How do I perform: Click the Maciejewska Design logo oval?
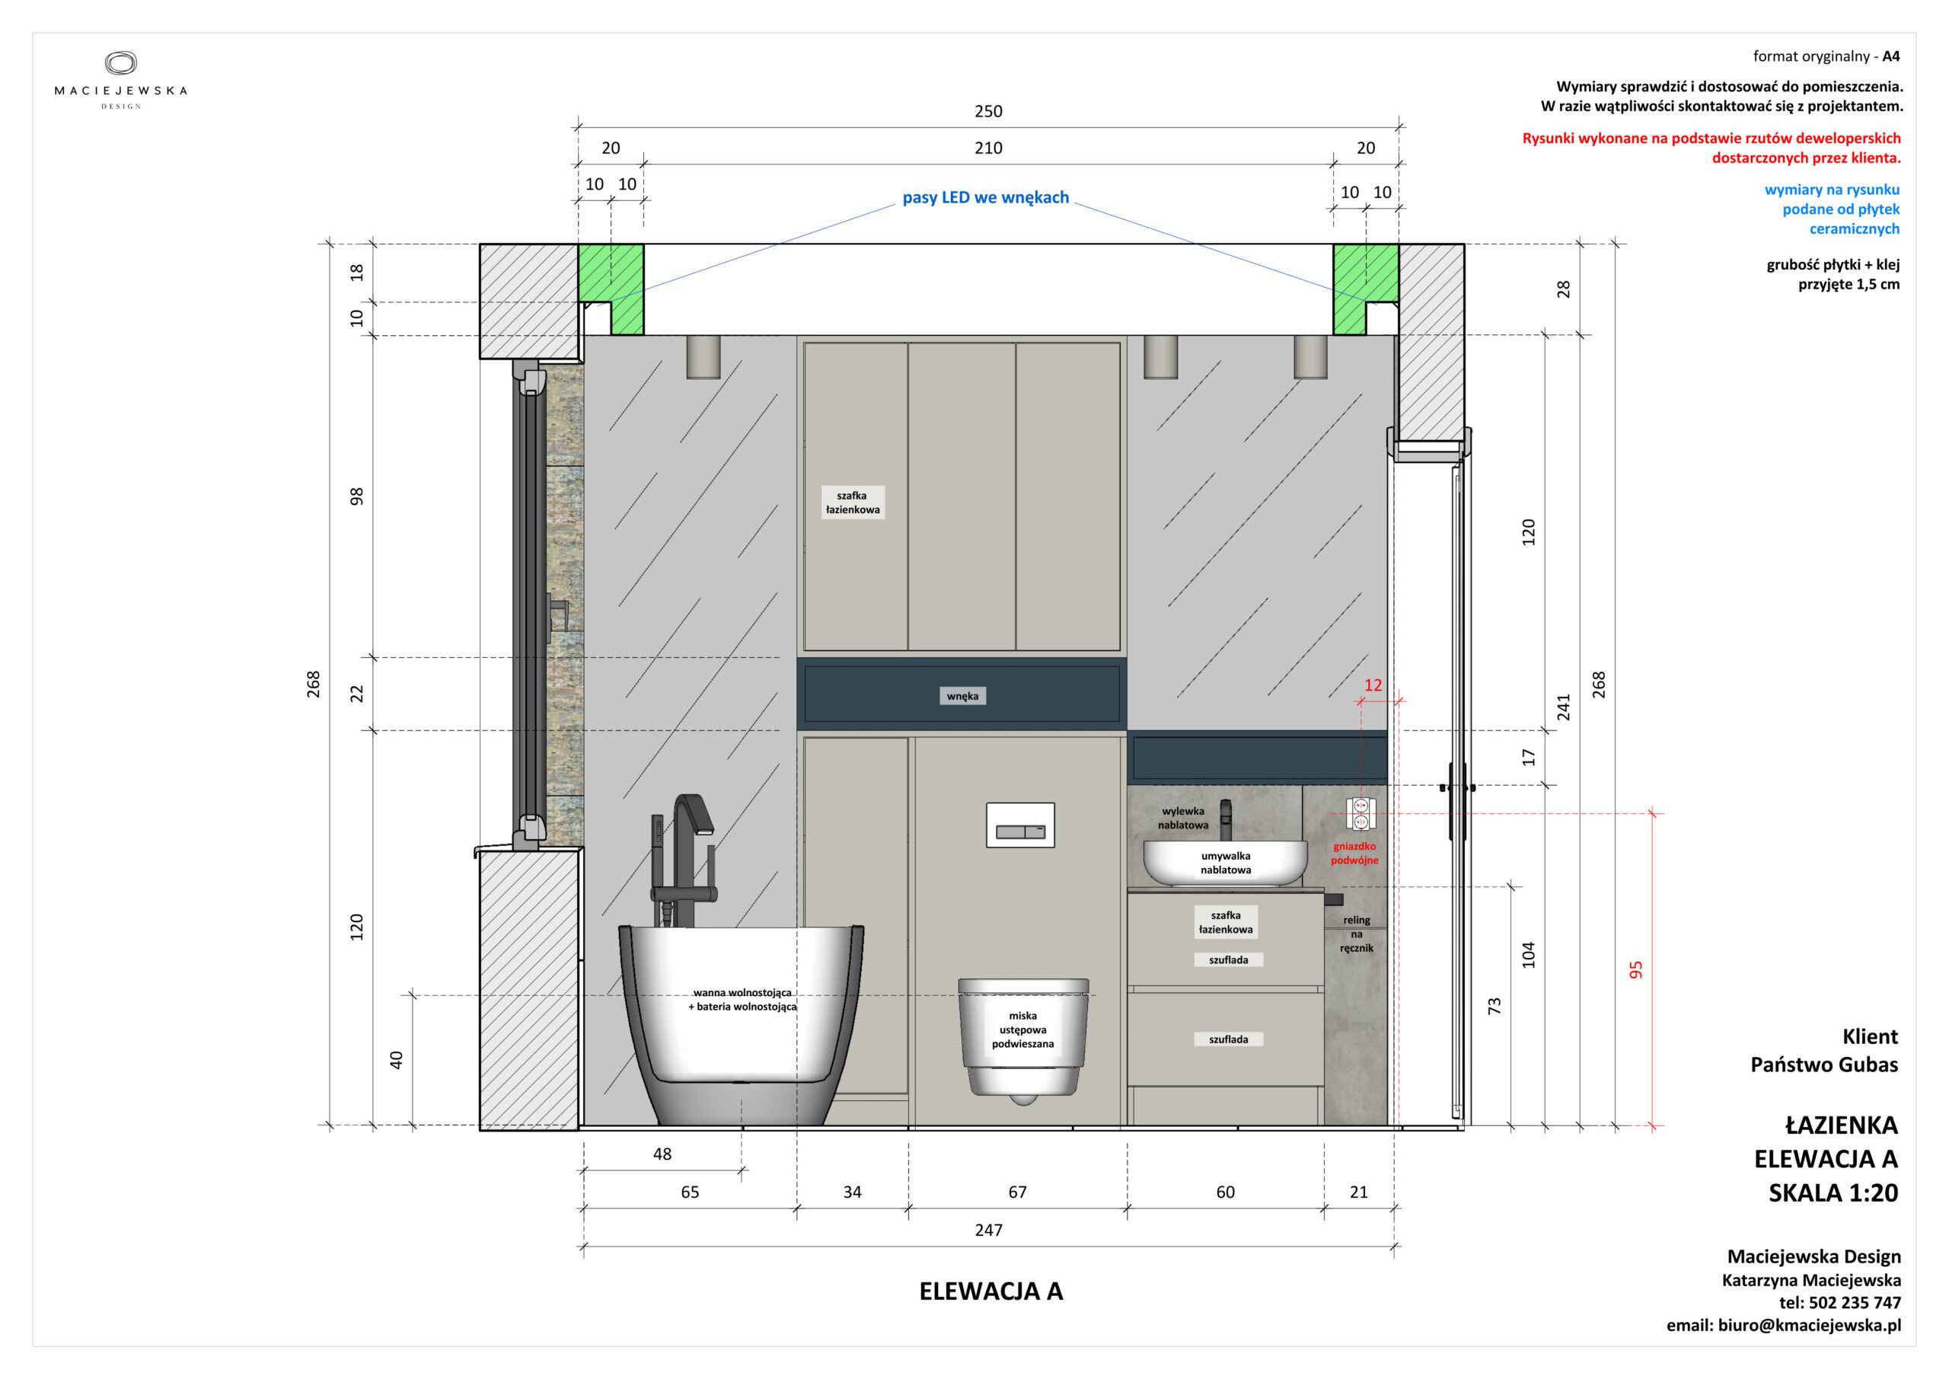click(120, 64)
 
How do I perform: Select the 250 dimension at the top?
click(988, 111)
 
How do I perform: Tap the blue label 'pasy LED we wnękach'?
click(985, 198)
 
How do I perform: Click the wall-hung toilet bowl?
click(1023, 1041)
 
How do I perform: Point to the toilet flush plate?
click(1020, 825)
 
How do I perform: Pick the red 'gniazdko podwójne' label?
click(1355, 854)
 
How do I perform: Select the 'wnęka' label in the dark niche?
click(962, 696)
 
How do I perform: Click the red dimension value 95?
click(1636, 969)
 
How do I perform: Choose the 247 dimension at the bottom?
click(989, 1230)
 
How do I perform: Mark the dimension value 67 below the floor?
click(1018, 1192)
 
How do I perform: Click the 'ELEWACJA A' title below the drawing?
click(990, 1291)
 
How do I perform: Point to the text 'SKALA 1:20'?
click(1833, 1193)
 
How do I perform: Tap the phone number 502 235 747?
click(1853, 1303)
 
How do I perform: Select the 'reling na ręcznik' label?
click(1357, 934)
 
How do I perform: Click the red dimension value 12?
click(1373, 685)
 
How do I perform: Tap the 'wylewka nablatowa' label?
click(1183, 818)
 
